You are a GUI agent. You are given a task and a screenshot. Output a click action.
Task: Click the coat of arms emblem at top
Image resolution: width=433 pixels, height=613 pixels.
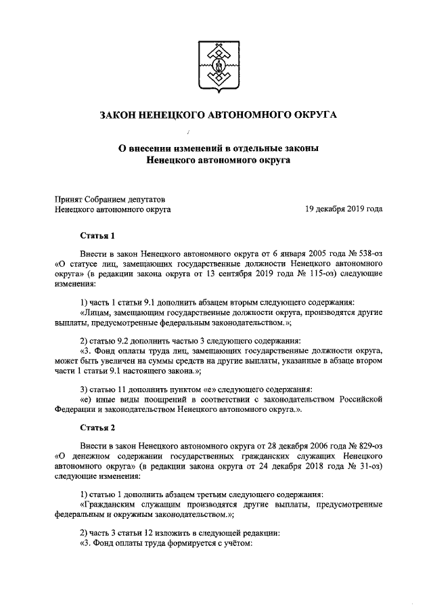tap(219, 65)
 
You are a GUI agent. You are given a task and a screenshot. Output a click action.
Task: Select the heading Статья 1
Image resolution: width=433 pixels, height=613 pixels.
tap(98, 235)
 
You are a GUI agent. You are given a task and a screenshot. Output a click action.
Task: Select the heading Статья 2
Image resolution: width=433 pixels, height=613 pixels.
tap(98, 428)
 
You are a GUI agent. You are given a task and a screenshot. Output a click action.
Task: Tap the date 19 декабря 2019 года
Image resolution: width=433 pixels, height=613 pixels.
tap(344, 209)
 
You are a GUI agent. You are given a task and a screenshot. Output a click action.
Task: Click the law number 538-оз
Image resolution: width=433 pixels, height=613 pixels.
tap(365, 252)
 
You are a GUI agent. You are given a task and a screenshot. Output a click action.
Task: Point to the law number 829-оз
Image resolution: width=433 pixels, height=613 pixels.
tap(365, 446)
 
